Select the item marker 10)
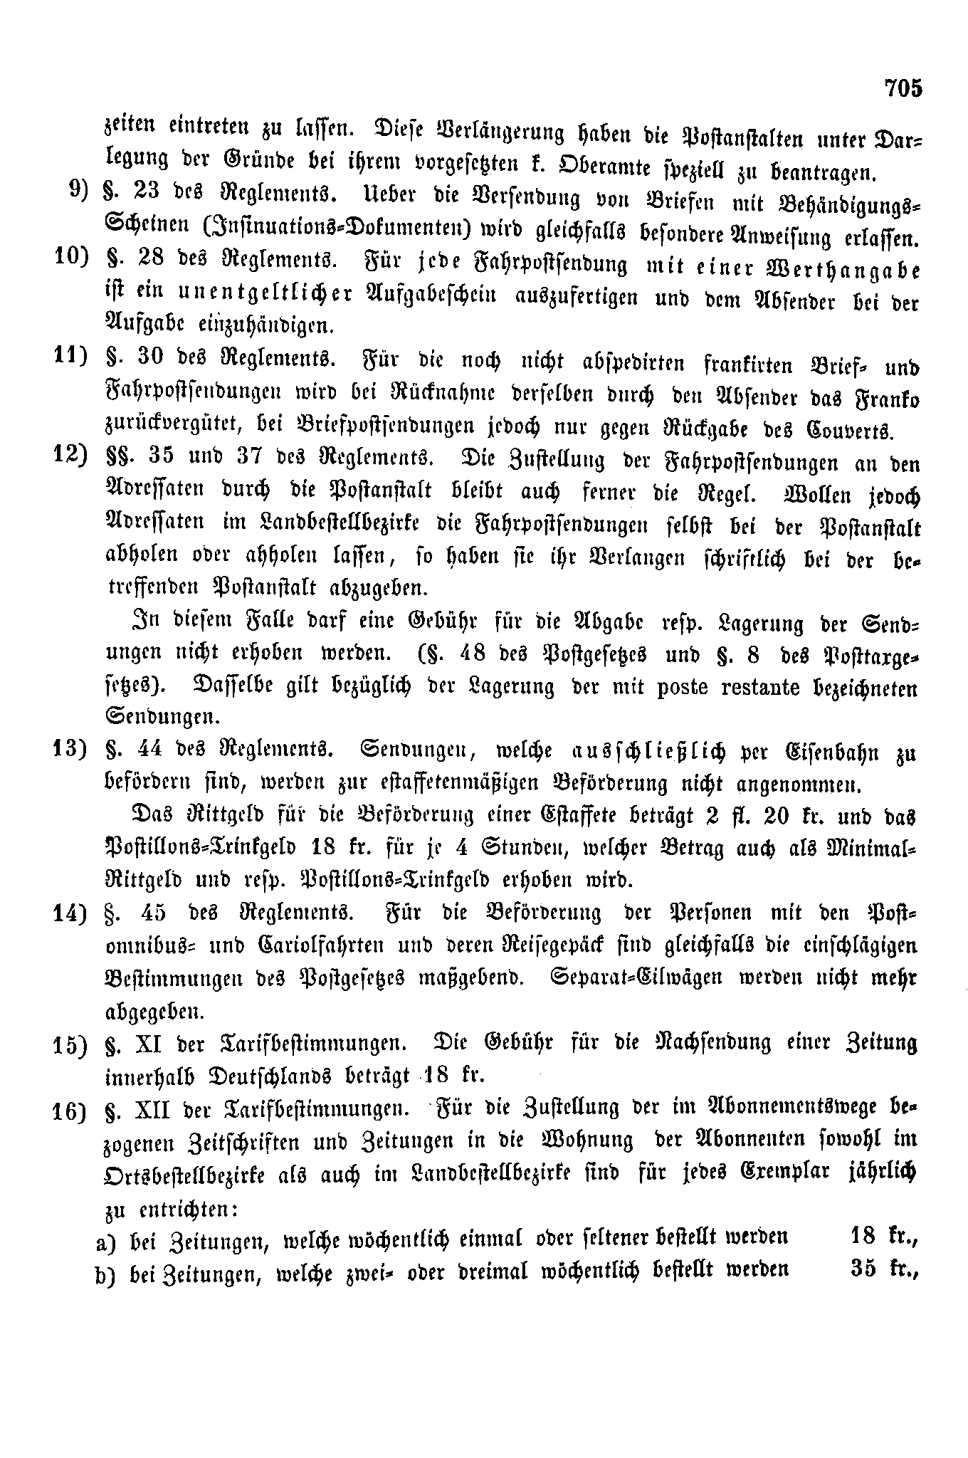tap(70, 258)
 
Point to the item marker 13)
tap(70, 751)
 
